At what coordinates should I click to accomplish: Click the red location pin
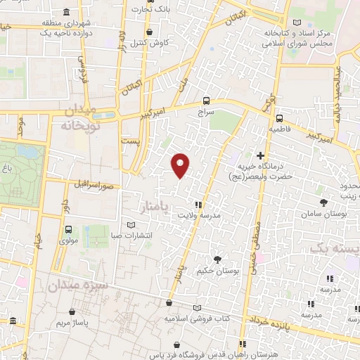[x=181, y=165]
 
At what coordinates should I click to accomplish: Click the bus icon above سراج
[x=206, y=101]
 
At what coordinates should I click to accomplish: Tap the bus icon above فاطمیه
[x=279, y=118]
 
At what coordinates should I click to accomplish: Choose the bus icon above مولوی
[x=69, y=229]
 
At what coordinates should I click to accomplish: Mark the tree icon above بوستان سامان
[x=323, y=202]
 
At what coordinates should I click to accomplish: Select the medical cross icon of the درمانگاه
[x=260, y=155]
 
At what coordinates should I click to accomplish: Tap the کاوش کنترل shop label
[x=149, y=43]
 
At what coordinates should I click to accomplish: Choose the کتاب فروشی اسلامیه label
[x=198, y=318]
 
